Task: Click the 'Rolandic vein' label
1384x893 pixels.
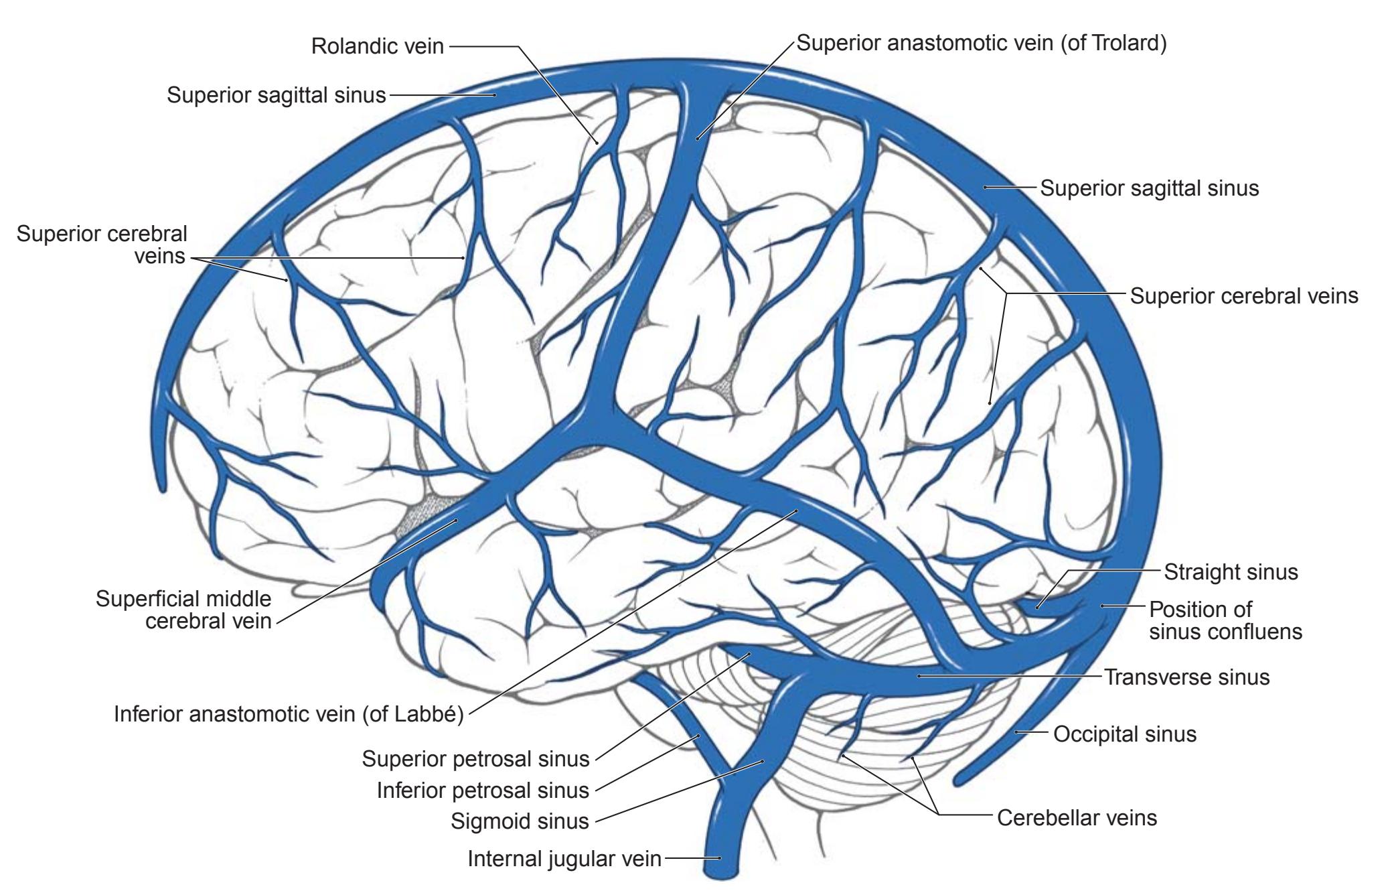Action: pos(378,46)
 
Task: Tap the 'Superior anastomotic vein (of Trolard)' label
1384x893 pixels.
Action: pos(981,44)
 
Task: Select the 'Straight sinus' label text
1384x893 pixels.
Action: pos(1231,572)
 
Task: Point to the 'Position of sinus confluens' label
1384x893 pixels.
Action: pos(1225,620)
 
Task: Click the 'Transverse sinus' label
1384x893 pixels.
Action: pos(1186,677)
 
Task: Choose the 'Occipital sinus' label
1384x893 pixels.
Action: pos(1125,734)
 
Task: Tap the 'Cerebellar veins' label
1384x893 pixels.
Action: pos(1077,818)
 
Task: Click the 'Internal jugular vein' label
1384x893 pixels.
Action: pos(564,859)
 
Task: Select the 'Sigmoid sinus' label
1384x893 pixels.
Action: pos(520,821)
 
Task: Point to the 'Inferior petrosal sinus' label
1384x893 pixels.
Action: pos(483,791)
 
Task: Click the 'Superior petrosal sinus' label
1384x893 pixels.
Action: pos(475,759)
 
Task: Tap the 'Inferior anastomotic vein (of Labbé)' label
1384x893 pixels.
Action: pos(289,714)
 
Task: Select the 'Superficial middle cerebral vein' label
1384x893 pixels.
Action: pos(183,610)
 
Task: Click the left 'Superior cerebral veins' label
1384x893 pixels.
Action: pos(102,245)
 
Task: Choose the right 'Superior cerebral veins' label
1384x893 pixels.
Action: pos(1244,295)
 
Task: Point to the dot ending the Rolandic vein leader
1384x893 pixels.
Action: pos(597,141)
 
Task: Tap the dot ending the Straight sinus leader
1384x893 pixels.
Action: pos(1037,607)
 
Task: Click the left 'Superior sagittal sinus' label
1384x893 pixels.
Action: pos(276,95)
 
